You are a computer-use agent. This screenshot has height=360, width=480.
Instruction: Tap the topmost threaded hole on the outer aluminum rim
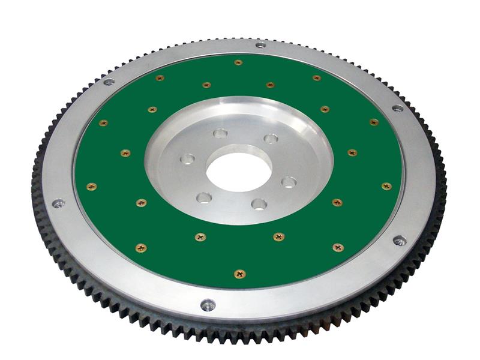pyautogui.click(x=260, y=44)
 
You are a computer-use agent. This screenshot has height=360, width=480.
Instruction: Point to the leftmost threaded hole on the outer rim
pyautogui.click(x=58, y=204)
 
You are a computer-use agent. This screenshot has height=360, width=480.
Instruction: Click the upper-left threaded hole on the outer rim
pyautogui.click(x=109, y=82)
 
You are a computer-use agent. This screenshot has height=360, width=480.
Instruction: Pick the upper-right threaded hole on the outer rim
pyautogui.click(x=397, y=109)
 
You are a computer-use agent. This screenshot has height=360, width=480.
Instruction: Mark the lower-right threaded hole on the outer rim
pyautogui.click(x=399, y=241)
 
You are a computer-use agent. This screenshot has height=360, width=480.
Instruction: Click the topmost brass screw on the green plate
pyautogui.click(x=238, y=62)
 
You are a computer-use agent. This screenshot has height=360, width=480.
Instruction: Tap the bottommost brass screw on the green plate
pyautogui.click(x=239, y=274)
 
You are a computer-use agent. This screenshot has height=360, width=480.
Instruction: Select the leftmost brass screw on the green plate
pyautogui.click(x=91, y=187)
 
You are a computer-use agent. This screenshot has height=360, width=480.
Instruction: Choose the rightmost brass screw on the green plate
pyautogui.click(x=386, y=187)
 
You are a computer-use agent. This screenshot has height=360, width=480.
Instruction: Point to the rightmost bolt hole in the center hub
pyautogui.click(x=289, y=182)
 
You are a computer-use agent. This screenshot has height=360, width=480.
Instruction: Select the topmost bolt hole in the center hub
pyautogui.click(x=220, y=134)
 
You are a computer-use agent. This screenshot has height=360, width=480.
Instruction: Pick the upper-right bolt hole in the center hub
pyautogui.click(x=271, y=139)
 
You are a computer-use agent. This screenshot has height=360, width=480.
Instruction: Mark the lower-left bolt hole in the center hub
pyautogui.click(x=205, y=197)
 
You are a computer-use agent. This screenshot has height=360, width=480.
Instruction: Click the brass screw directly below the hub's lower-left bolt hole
pyautogui.click(x=200, y=237)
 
